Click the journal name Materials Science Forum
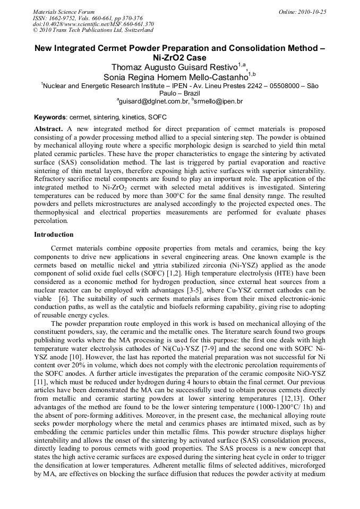tap(64, 12)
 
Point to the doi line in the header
tap(93, 24)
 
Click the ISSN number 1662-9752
tap(66, 18)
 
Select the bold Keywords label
tap(50, 117)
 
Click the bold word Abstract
tap(49, 129)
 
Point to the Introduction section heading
tap(54, 234)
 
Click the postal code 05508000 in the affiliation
tap(280, 85)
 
